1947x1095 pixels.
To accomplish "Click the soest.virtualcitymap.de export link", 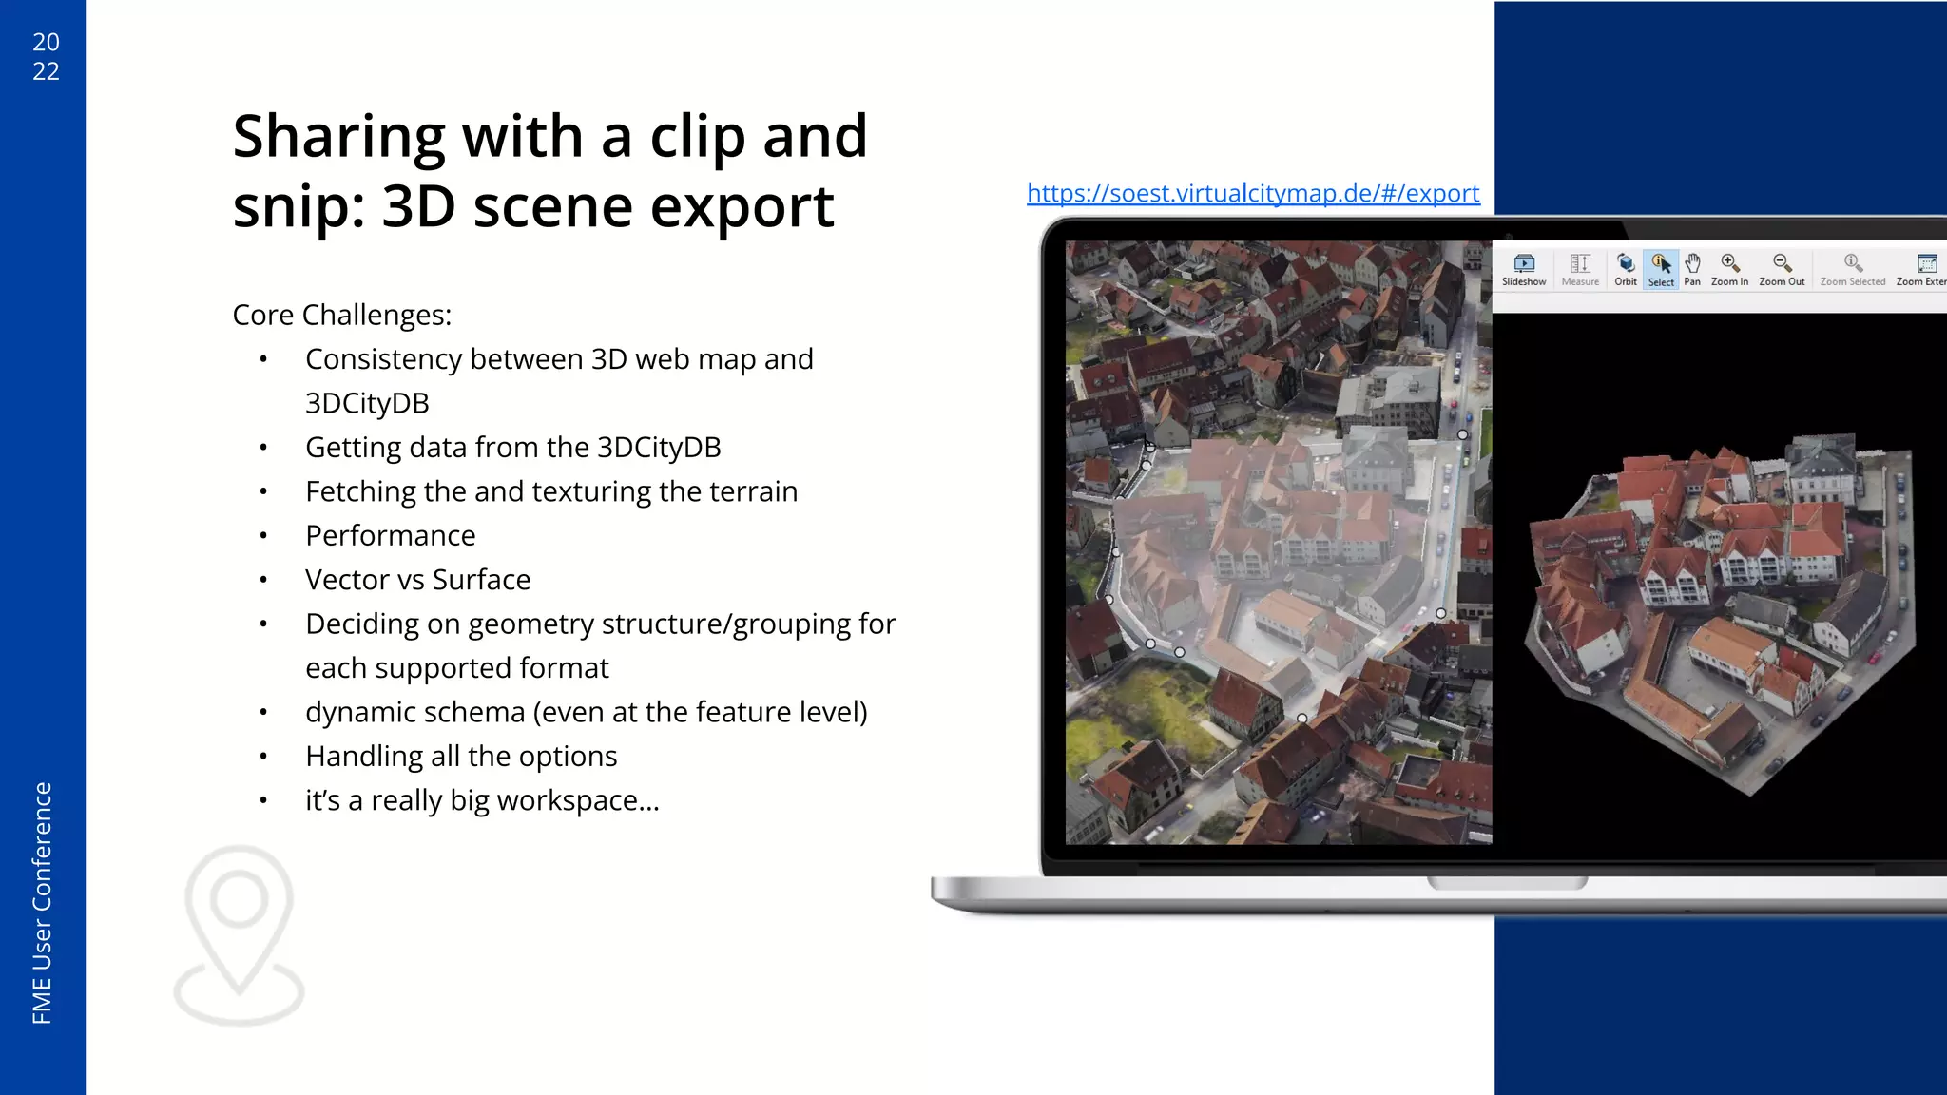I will (x=1253, y=193).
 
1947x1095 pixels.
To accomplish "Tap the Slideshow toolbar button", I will (x=1524, y=269).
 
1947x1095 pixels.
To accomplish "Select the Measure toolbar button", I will (x=1580, y=269).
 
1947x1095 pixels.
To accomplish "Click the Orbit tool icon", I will (x=1626, y=269).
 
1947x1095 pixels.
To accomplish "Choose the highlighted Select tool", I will (x=1661, y=269).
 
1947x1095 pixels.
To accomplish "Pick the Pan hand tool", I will (x=1692, y=269).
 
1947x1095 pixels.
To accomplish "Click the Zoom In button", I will (x=1729, y=269).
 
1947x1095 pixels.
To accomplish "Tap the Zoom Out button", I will (x=1782, y=269).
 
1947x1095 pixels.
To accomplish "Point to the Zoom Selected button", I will (x=1852, y=269).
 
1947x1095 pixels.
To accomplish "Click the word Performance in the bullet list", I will (x=390, y=536).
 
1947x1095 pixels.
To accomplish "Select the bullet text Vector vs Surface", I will (x=417, y=580).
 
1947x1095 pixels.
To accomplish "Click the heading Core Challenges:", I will (x=342, y=315).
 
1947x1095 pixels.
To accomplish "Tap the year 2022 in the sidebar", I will (x=46, y=56).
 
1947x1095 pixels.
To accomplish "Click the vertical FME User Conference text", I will (x=43, y=903).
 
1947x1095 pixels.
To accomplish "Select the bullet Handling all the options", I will (x=461, y=757).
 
